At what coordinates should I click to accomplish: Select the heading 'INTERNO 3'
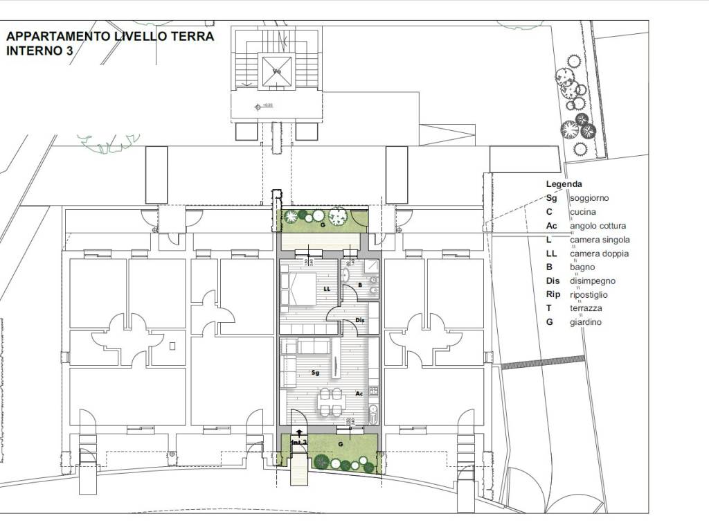pyautogui.click(x=39, y=51)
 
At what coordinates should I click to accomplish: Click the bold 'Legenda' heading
pyautogui.click(x=564, y=184)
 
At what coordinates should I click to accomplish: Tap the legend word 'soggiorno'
pyautogui.click(x=589, y=198)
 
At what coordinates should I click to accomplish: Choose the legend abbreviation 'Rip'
pyautogui.click(x=553, y=294)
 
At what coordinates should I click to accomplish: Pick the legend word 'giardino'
pyautogui.click(x=586, y=322)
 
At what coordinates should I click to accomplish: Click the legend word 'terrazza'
pyautogui.click(x=586, y=308)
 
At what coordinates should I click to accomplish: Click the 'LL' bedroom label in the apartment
pyautogui.click(x=326, y=289)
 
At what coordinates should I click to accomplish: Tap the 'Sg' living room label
pyautogui.click(x=315, y=372)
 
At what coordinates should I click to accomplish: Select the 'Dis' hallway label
pyautogui.click(x=359, y=320)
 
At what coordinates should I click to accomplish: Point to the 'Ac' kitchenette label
pyautogui.click(x=359, y=393)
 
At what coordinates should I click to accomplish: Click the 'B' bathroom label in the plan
pyautogui.click(x=359, y=284)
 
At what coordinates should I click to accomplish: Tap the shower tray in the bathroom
pyautogui.click(x=370, y=266)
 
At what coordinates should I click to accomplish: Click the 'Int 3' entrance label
pyautogui.click(x=298, y=441)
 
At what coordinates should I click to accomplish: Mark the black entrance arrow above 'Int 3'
pyautogui.click(x=298, y=434)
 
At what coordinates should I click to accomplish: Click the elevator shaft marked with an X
pyautogui.click(x=277, y=71)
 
